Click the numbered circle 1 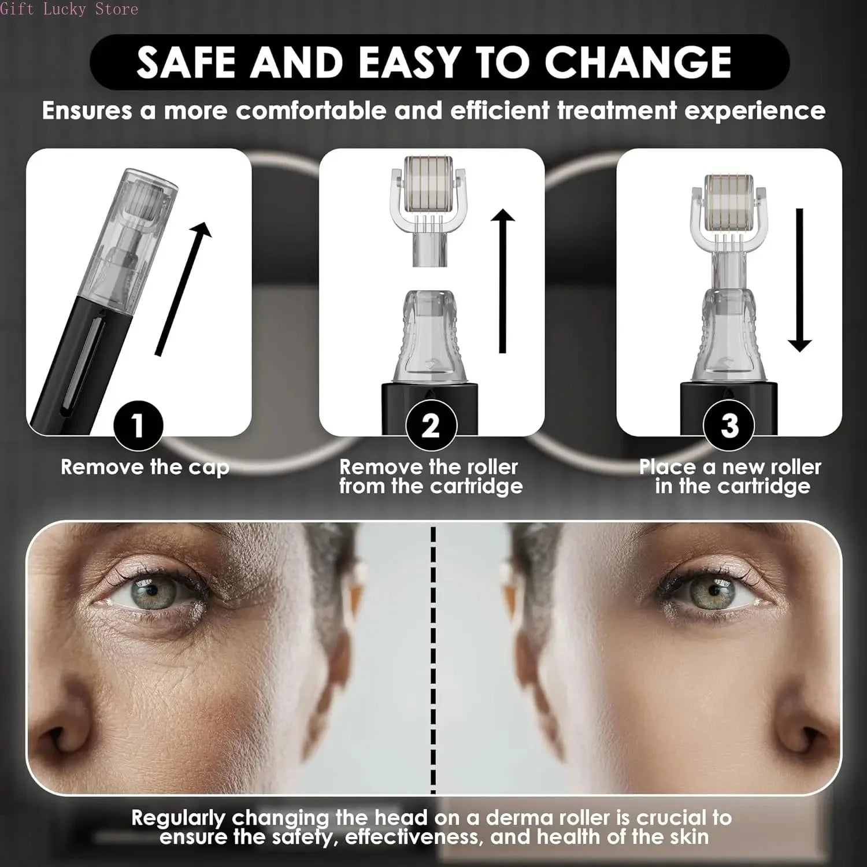coord(138,426)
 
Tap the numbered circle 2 coord(431,426)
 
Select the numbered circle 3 coord(729,426)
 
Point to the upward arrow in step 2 coord(503,281)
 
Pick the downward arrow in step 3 coord(799,280)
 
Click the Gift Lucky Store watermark coord(69,9)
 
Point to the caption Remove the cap coord(145,467)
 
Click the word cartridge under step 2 coord(476,486)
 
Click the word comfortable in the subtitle coord(310,110)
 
